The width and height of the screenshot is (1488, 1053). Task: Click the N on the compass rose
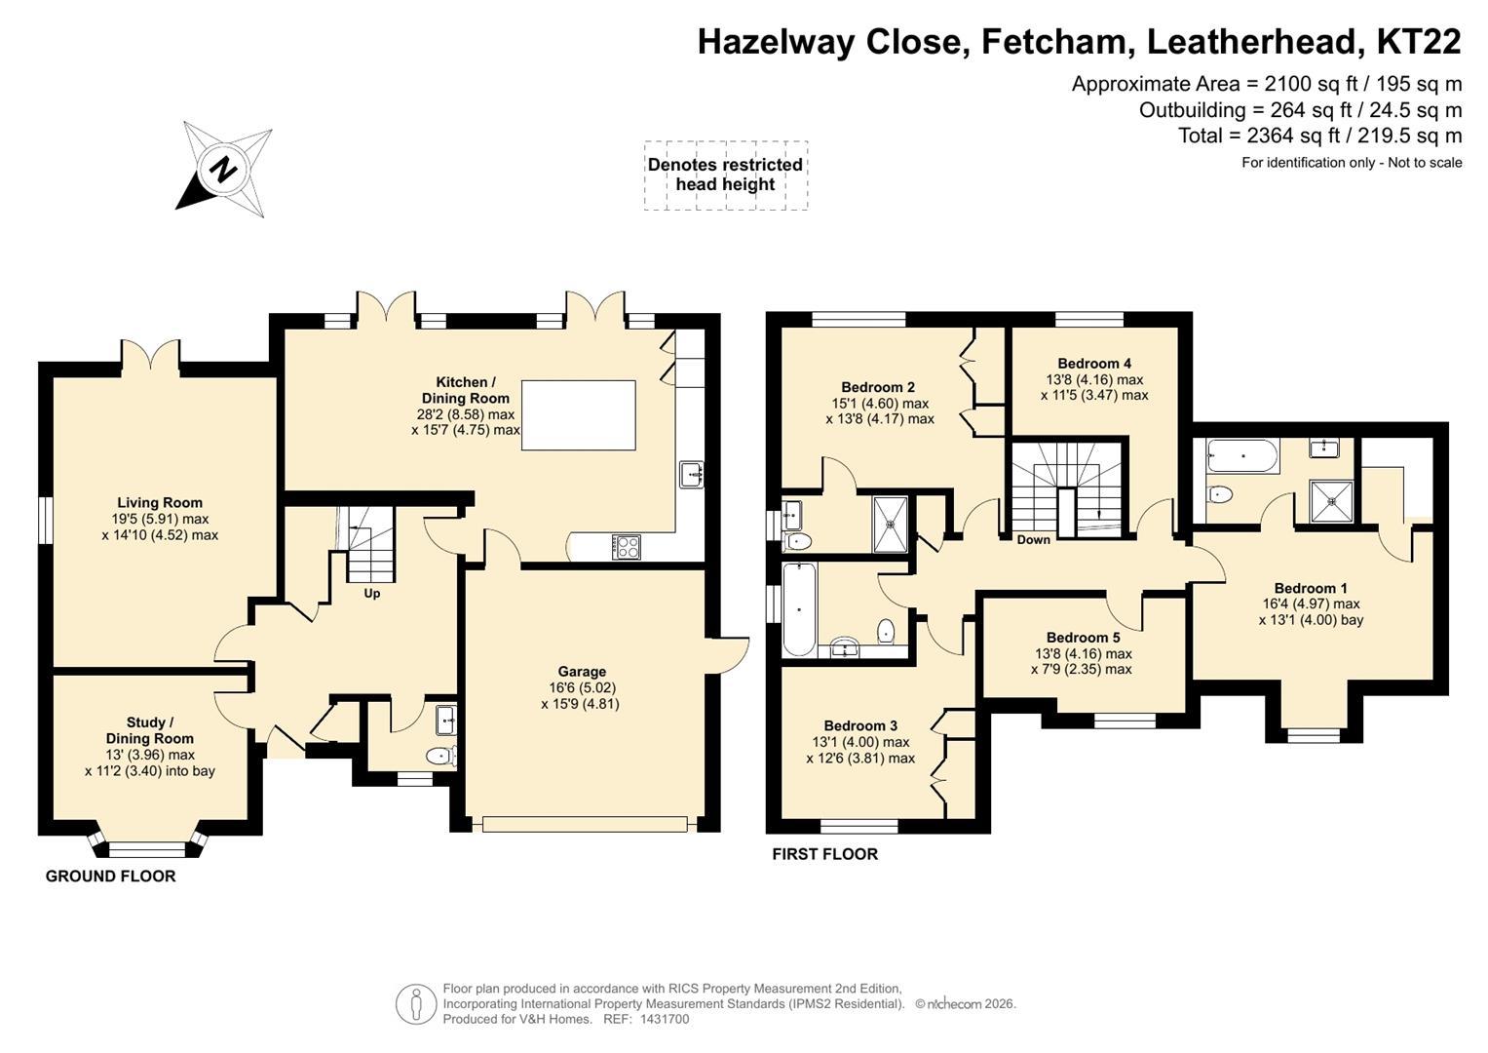pos(223,170)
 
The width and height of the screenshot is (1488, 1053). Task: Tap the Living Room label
pos(160,503)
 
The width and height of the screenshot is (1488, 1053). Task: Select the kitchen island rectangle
pos(578,415)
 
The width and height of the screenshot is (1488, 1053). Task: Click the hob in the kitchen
pos(627,546)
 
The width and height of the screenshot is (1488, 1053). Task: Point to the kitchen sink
pos(692,475)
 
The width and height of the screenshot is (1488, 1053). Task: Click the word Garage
pos(581,672)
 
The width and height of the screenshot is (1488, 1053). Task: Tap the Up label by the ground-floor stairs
pos(372,594)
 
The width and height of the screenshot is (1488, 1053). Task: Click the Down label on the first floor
pos(1034,540)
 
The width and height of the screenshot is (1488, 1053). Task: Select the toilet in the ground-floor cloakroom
pos(441,756)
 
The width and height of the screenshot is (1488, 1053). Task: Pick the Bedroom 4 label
pos(1094,364)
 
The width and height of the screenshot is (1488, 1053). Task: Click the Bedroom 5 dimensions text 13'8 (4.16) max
pos(1084,654)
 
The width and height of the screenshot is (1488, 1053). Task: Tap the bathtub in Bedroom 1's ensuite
pos(1242,455)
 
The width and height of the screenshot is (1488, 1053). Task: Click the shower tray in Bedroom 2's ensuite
pos(890,524)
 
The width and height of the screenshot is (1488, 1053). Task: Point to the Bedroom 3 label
pos(860,726)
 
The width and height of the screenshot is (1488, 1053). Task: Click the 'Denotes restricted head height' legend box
pos(725,175)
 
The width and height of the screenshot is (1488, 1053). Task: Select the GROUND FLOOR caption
pos(110,877)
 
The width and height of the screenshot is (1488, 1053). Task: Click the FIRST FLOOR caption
pos(824,854)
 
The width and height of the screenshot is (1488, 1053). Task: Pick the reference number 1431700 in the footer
pos(665,1019)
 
